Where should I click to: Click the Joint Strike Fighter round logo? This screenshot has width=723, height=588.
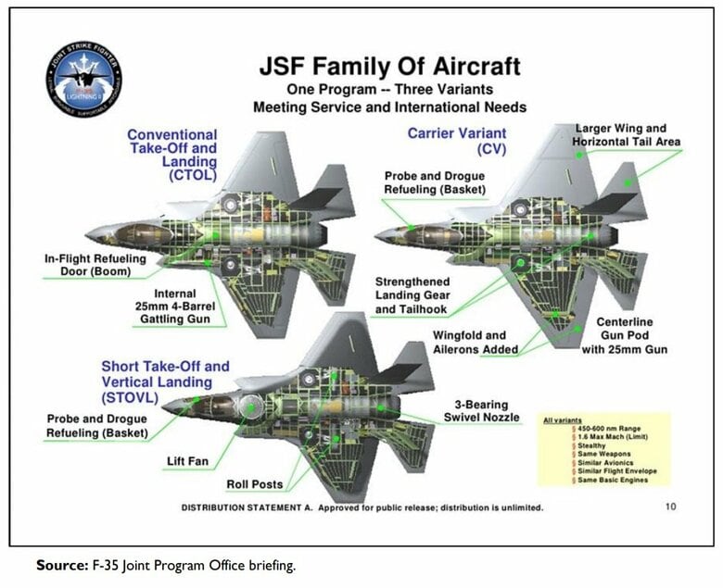82,79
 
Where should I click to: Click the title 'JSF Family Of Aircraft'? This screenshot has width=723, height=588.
389,67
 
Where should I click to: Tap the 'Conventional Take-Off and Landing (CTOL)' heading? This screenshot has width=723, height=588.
173,154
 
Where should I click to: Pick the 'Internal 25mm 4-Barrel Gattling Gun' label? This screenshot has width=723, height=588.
182,307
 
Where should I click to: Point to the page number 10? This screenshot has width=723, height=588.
670,507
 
